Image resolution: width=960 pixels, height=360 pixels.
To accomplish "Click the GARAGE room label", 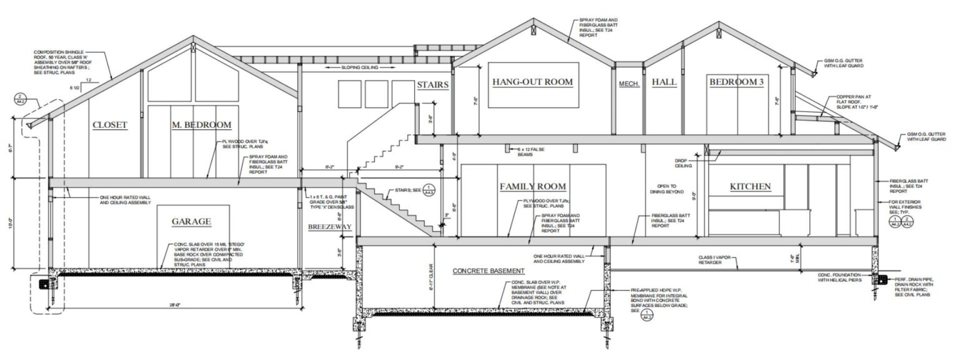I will [x=191, y=221].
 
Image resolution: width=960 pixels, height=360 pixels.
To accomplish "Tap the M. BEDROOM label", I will [x=201, y=125].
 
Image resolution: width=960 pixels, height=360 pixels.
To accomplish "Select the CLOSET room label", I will [x=110, y=125].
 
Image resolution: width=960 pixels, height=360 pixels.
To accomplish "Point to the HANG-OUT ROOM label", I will [x=532, y=82].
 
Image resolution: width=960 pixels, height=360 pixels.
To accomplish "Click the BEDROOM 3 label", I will [x=736, y=82].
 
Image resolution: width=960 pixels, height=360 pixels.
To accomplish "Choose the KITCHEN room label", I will [x=750, y=186].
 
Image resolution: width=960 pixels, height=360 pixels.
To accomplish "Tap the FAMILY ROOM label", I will [x=532, y=186].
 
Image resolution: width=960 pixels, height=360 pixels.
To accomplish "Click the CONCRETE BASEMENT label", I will [x=489, y=271].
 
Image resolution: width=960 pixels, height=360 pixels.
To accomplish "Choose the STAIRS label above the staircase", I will [x=432, y=84].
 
